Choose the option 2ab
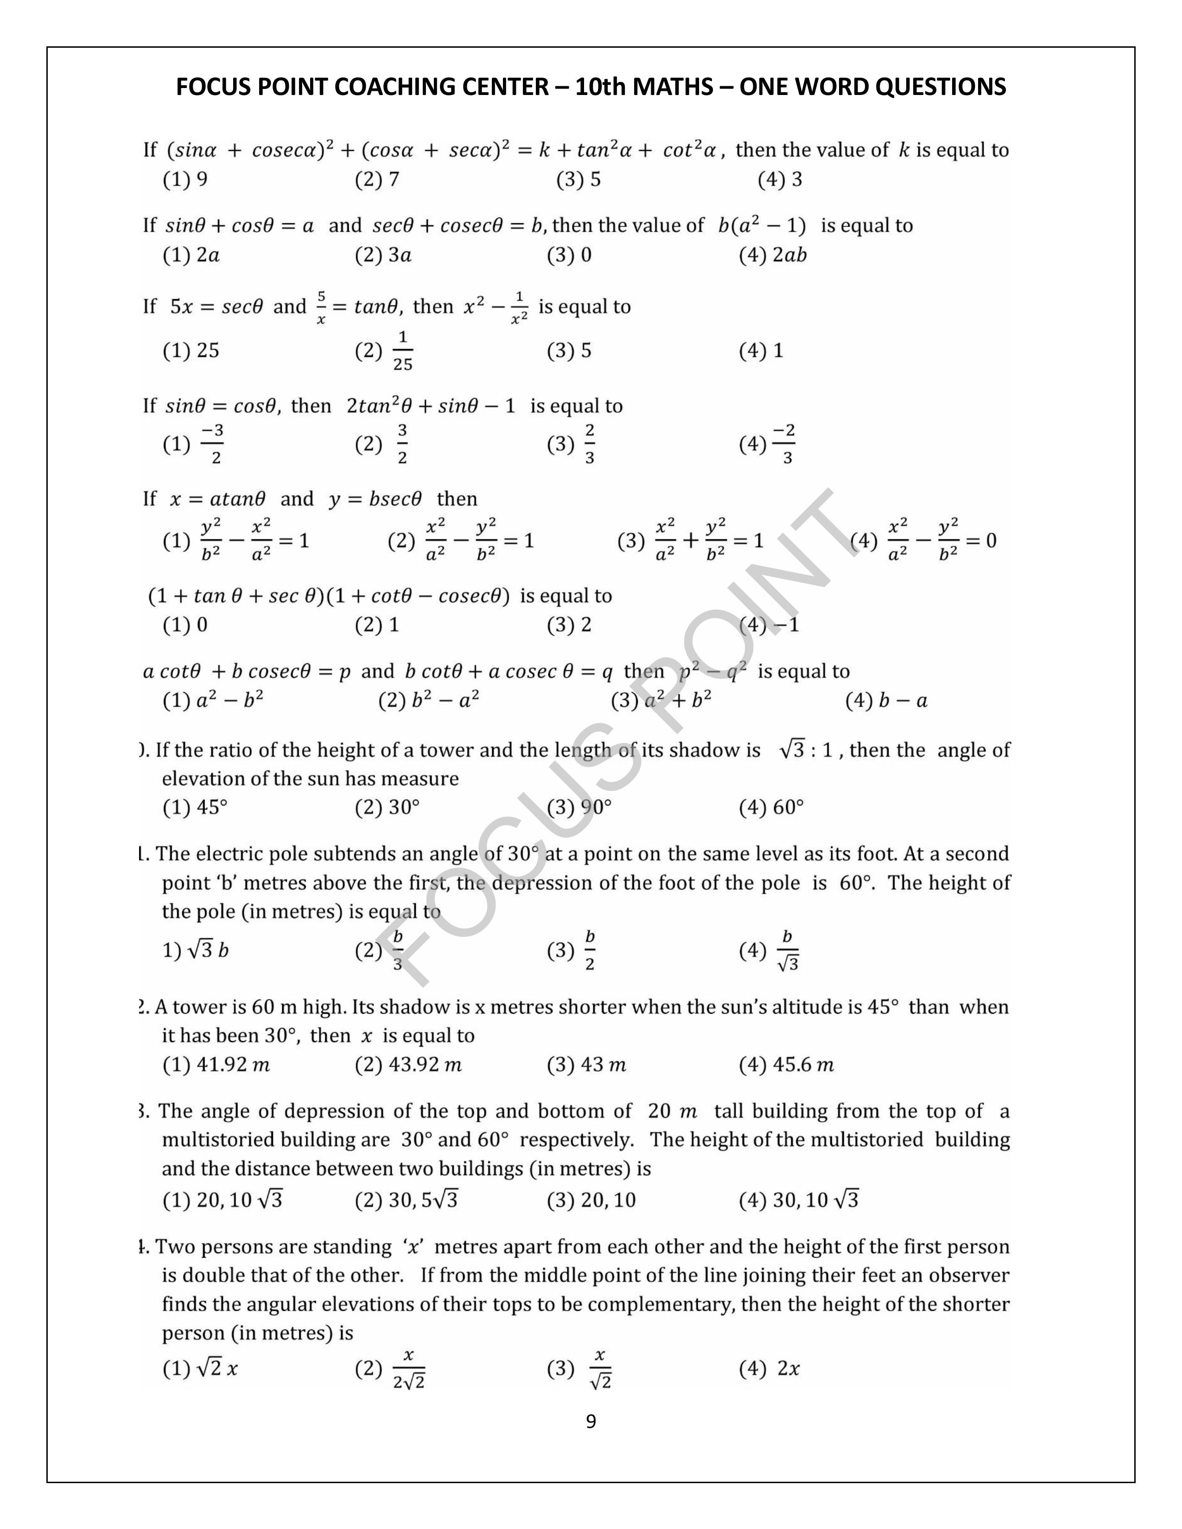[x=773, y=256]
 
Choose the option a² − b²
[x=214, y=701]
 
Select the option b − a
[x=887, y=701]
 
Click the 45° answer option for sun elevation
[x=196, y=808]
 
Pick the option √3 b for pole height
[x=196, y=951]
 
